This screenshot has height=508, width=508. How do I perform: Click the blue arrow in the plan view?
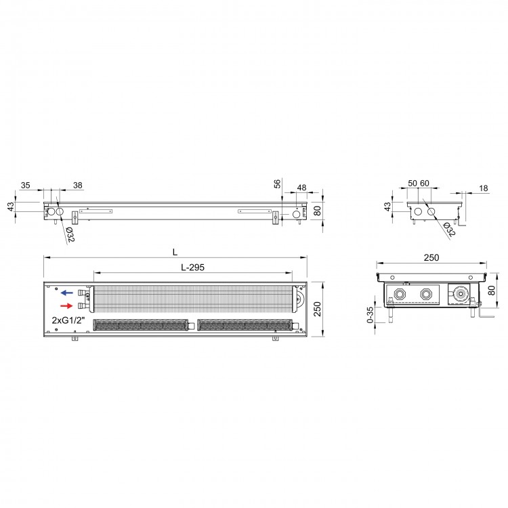coord(67,293)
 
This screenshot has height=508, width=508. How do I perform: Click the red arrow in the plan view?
coord(67,306)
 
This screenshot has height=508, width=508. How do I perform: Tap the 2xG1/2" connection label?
coord(68,320)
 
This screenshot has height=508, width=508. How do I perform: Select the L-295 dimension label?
coord(193,268)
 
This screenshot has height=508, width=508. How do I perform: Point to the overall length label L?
coord(175,253)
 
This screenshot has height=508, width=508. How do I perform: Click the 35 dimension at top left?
coord(25,186)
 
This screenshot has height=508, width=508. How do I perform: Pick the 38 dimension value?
coord(78,186)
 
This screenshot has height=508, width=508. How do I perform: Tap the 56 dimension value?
coord(277,184)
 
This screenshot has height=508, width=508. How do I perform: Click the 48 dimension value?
coord(301,188)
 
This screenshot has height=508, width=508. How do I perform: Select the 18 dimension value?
coord(484,188)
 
